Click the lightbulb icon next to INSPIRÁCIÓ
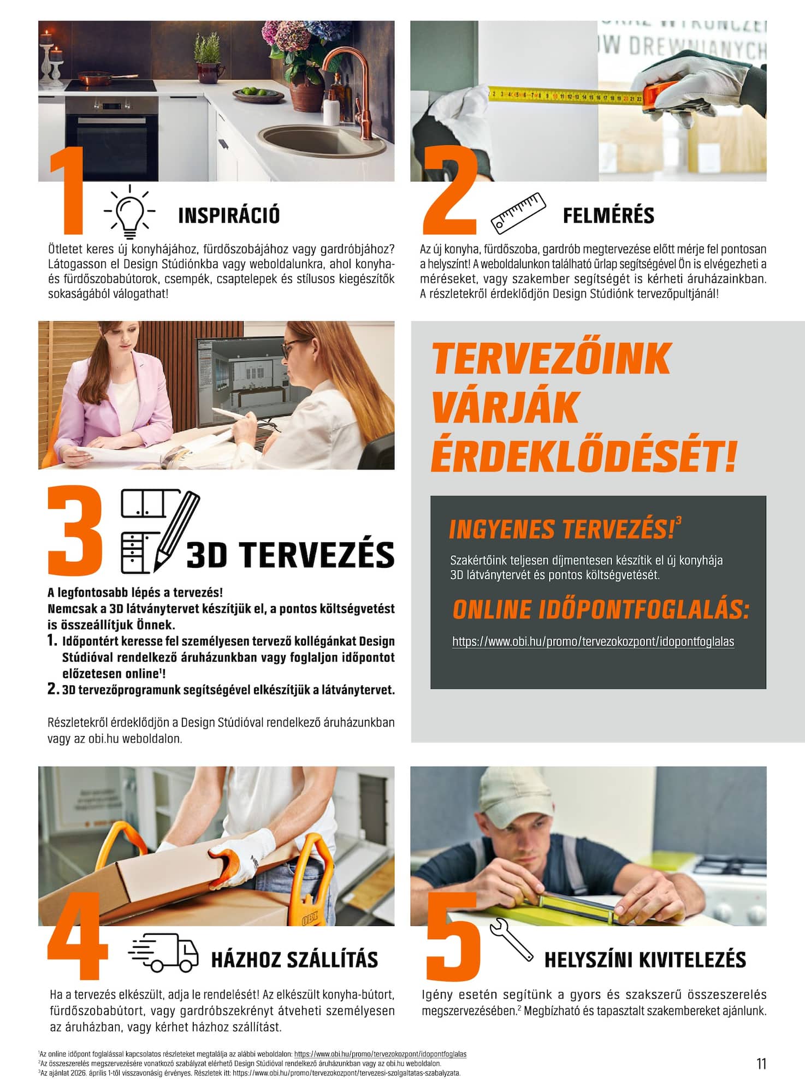tap(129, 212)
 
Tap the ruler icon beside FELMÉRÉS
tap(518, 213)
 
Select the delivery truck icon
tap(163, 952)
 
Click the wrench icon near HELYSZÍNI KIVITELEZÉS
tap(511, 939)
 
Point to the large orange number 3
tap(75, 531)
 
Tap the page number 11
tap(761, 1064)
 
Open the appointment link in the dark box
tap(593, 642)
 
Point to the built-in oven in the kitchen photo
tap(111, 139)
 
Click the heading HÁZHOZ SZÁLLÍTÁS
tap(294, 959)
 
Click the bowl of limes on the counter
tap(258, 96)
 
